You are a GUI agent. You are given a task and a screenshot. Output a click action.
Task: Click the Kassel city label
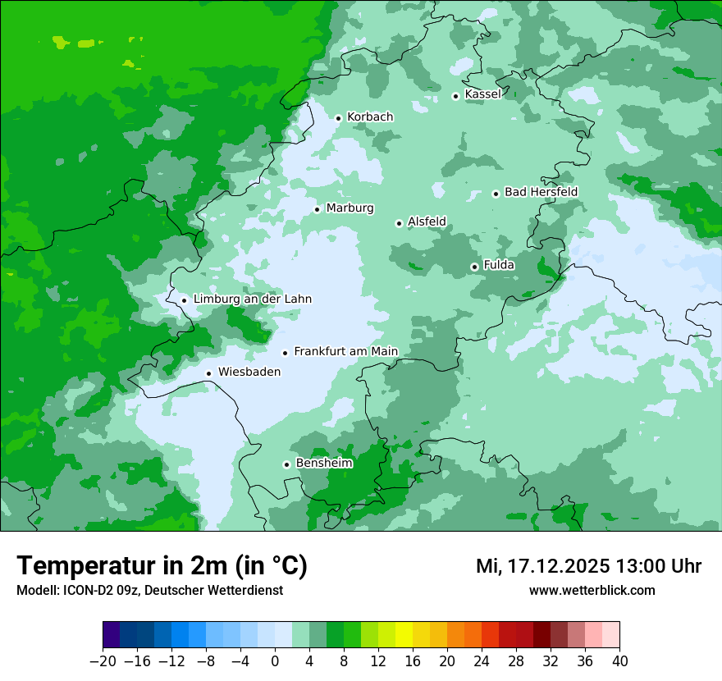[482, 94]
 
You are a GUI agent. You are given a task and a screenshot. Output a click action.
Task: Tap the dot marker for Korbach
[338, 118]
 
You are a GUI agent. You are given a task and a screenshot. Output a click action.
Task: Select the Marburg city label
[350, 208]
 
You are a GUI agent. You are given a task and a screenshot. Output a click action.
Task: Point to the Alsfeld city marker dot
[399, 223]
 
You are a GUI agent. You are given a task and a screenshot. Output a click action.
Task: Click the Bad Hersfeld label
[541, 192]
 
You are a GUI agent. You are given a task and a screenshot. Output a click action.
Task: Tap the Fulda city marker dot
[474, 267]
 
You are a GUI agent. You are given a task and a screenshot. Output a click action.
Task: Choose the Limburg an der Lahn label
[252, 299]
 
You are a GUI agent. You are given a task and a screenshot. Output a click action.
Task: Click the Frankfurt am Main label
[345, 352]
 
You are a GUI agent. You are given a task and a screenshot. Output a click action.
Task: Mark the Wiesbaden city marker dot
[209, 374]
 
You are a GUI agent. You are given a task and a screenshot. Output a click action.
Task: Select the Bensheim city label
[324, 464]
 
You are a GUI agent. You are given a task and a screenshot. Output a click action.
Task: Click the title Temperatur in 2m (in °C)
[162, 566]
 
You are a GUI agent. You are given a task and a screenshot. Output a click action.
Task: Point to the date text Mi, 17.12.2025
[541, 566]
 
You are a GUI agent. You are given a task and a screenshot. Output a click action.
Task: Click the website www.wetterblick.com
[592, 591]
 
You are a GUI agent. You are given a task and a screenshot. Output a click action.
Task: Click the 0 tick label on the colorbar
[275, 661]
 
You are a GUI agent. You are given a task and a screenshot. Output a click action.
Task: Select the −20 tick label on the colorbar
[103, 661]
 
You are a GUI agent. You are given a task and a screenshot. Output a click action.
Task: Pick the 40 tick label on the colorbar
[619, 661]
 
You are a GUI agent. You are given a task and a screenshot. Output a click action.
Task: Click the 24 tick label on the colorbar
[482, 661]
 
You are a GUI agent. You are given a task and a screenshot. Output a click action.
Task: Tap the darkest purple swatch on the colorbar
[112, 635]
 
